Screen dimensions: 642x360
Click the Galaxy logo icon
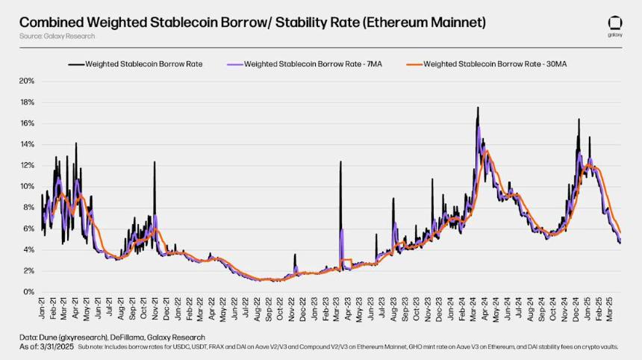tap(615, 24)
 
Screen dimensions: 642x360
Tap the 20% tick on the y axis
tap(27, 81)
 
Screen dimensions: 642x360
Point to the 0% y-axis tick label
tap(28, 292)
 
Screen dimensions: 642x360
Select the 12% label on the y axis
tap(27, 166)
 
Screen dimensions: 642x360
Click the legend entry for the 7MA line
tap(305, 64)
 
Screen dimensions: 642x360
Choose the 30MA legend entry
tap(487, 64)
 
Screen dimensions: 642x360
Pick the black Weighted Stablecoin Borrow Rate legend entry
tap(136, 64)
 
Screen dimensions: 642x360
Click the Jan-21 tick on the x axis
tap(42, 308)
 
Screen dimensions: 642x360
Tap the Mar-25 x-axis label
tap(609, 308)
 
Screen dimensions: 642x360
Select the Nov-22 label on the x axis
tap(292, 308)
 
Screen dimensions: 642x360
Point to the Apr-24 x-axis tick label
tap(484, 308)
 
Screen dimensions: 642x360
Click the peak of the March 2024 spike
tap(478, 108)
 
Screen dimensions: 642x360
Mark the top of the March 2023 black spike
tap(340, 161)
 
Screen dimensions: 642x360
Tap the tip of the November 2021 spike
tap(155, 162)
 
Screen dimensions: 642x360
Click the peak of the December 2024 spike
tap(579, 120)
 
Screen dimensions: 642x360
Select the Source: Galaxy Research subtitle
tap(57, 36)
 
